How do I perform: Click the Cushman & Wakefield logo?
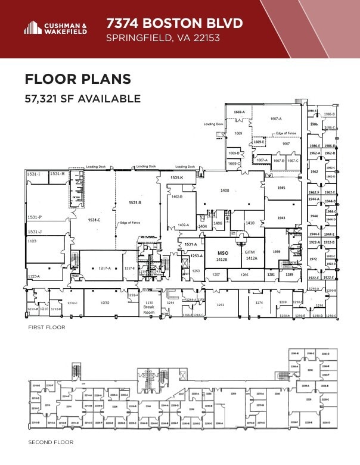[55, 28]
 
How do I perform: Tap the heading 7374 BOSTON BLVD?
[174, 23]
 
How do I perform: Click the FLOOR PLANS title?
[77, 80]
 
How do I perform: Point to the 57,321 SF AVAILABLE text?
[82, 99]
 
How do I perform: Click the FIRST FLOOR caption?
[46, 327]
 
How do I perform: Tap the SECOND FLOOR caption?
[51, 442]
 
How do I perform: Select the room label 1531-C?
[94, 220]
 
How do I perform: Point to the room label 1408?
[225, 190]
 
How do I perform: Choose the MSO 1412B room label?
[222, 255]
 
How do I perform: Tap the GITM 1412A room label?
[251, 255]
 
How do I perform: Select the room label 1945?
[281, 188]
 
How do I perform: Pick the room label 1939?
[277, 252]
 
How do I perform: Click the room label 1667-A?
[276, 118]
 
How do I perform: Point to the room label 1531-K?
[176, 178]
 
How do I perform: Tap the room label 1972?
[313, 260]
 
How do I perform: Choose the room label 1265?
[244, 274]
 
